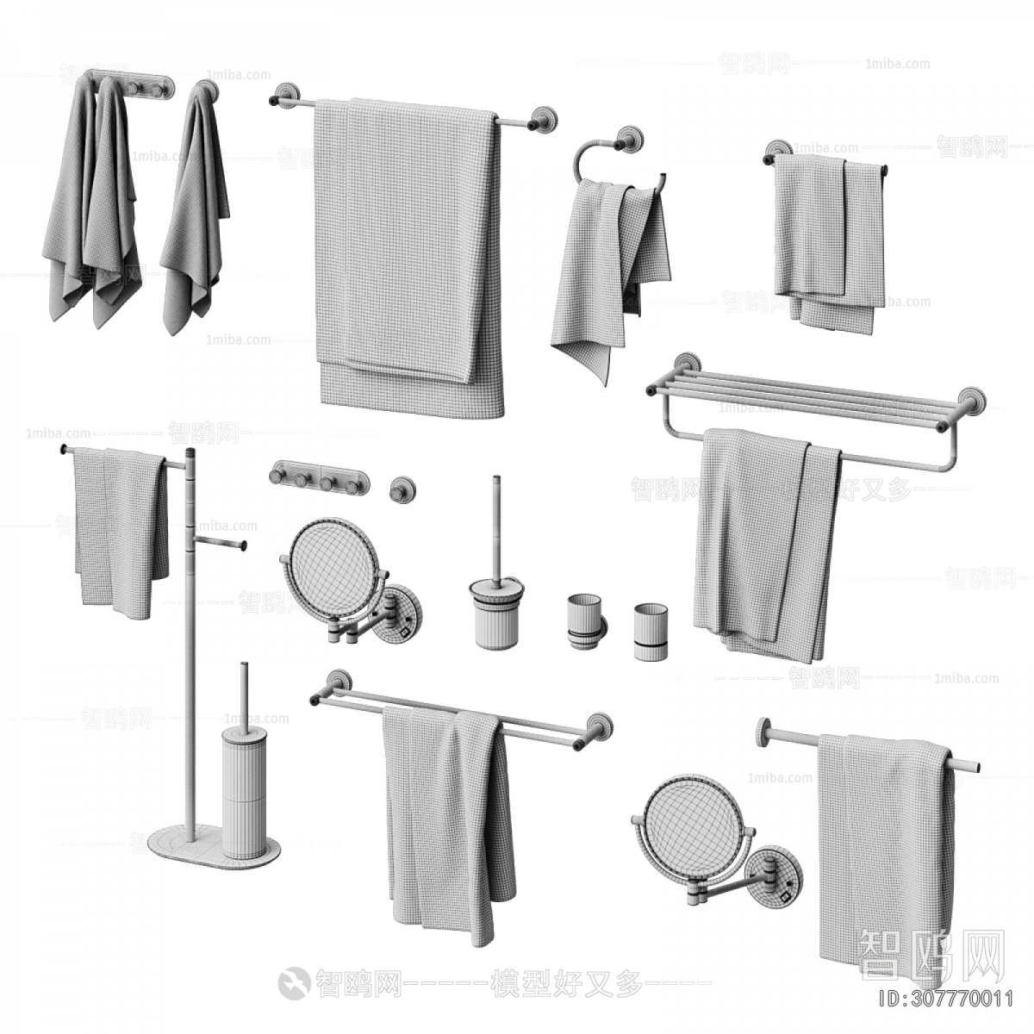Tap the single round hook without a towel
point(400,489)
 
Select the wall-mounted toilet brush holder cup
point(492,613)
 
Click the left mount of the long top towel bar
point(284,97)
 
